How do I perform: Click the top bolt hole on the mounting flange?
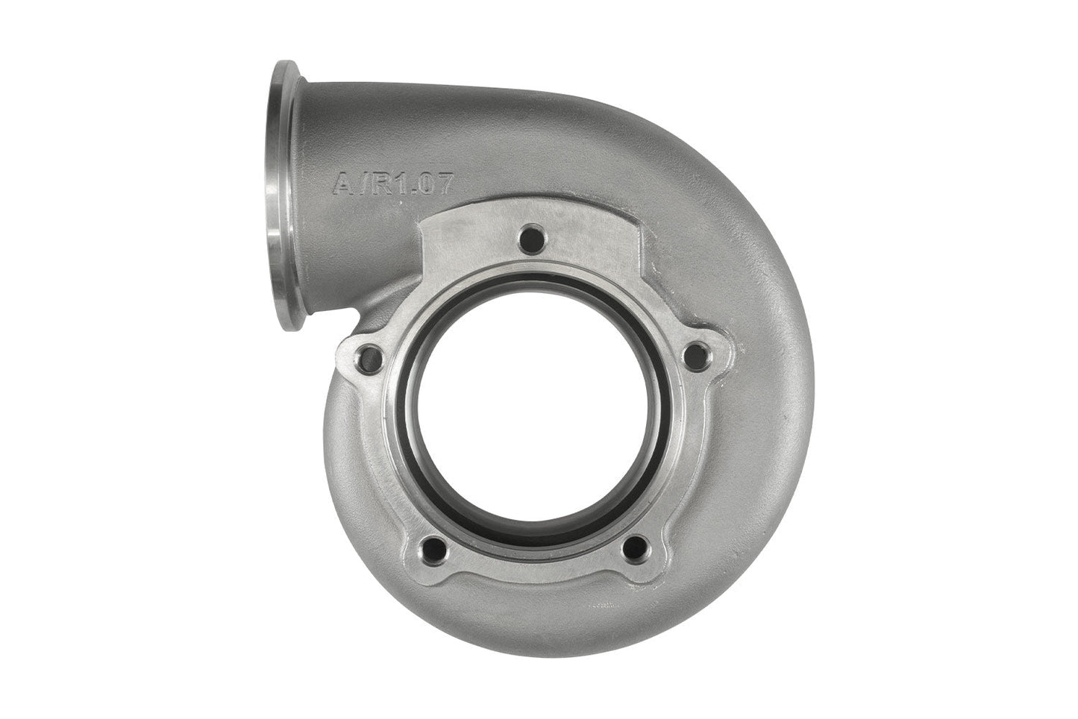[530, 239]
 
